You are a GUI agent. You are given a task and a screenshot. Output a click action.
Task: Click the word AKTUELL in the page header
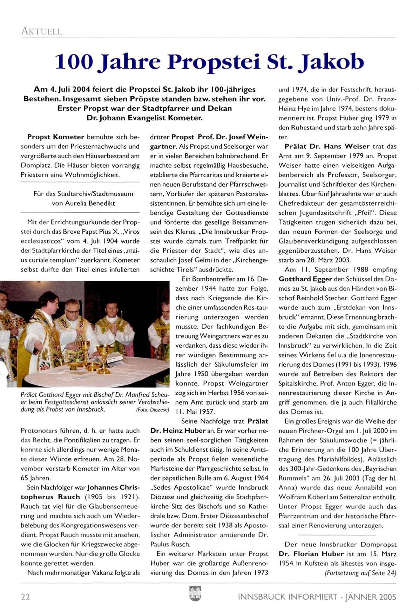click(41, 31)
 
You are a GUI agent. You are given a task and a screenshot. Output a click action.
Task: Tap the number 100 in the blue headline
click(74, 62)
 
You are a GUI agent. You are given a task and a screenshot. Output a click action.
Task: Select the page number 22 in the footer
click(26, 597)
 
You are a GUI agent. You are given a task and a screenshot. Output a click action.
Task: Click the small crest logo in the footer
click(195, 593)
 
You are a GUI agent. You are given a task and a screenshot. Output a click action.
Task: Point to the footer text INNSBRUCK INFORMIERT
click(288, 597)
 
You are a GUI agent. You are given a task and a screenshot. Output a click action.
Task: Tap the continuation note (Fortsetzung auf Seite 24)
click(360, 573)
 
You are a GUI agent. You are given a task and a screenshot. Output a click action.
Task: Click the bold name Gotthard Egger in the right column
click(305, 279)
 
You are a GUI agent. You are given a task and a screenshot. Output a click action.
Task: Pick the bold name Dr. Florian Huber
click(311, 554)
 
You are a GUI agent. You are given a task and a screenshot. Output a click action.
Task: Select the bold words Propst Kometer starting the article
click(56, 137)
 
